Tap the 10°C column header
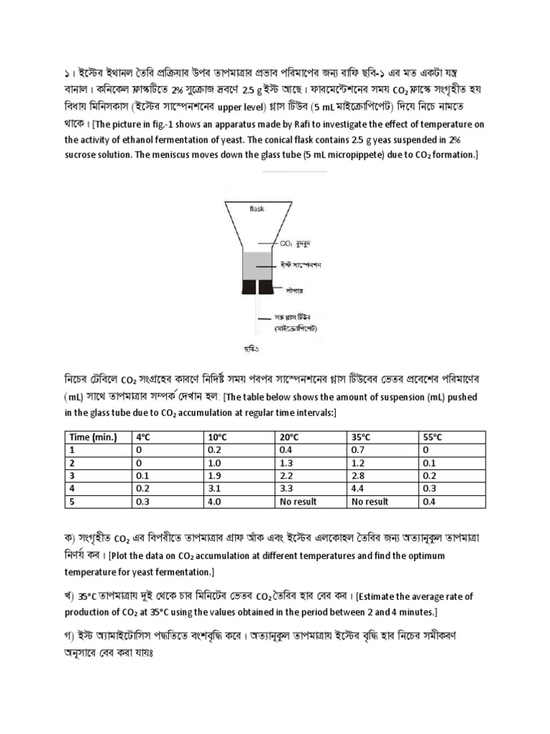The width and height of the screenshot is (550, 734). pos(218,437)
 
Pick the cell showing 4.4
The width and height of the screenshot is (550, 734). pos(358,489)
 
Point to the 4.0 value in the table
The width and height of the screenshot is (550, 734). pos(216,502)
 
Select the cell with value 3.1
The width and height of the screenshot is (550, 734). pos(216,489)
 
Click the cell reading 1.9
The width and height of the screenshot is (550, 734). pos(216,476)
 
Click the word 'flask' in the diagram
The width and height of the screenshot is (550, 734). pos(257,209)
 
